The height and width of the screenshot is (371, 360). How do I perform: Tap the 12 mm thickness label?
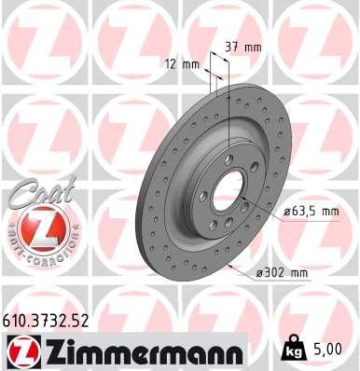(x=173, y=64)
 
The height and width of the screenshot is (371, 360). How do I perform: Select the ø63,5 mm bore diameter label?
(x=311, y=212)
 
